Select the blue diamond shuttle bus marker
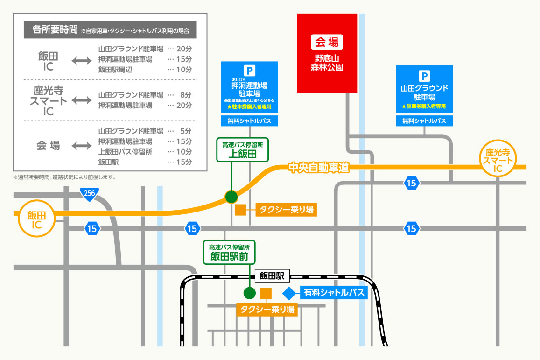tap(289, 293)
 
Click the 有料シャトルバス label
tap(334, 293)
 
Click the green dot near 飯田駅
tap(250, 293)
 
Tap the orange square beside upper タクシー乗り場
tap(241, 210)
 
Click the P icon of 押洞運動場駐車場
tap(250, 71)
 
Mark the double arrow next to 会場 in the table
tap(82, 146)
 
